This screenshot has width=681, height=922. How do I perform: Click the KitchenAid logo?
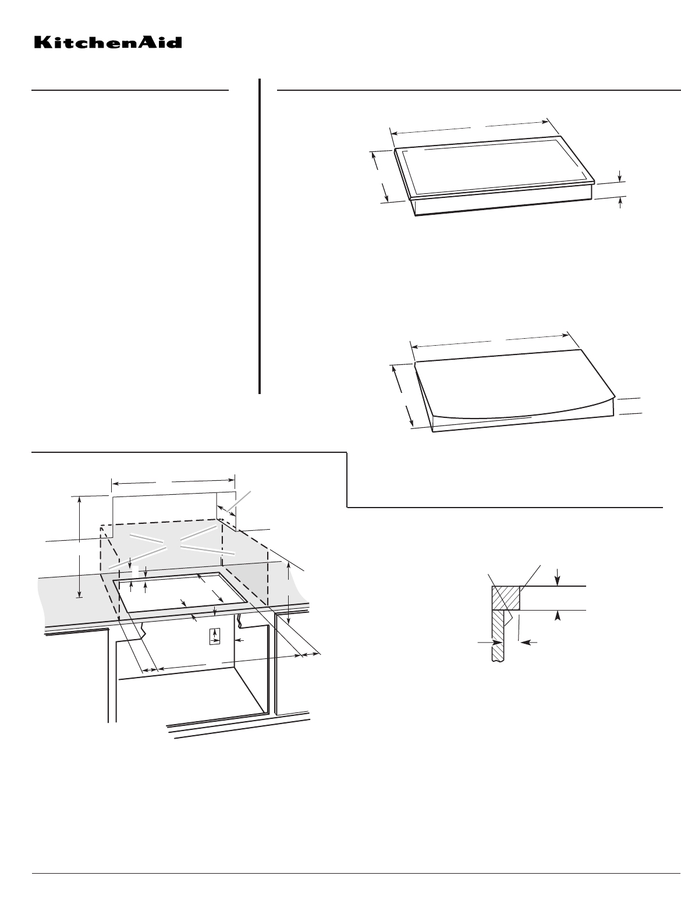[108, 42]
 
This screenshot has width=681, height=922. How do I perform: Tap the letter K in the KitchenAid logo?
[42, 43]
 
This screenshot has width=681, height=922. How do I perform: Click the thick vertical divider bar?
[260, 236]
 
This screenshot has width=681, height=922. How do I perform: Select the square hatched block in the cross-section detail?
[506, 598]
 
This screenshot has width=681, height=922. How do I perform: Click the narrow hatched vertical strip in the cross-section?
[498, 636]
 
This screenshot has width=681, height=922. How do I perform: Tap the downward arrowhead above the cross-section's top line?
[558, 581]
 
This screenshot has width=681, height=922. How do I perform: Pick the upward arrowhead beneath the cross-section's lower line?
[558, 616]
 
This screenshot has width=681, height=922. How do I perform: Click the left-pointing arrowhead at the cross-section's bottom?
[526, 642]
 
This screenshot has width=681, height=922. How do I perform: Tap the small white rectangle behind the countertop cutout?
[135, 572]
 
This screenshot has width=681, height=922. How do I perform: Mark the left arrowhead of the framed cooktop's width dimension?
[395, 133]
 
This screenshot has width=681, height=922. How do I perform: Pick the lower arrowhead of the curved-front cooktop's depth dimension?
[412, 423]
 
